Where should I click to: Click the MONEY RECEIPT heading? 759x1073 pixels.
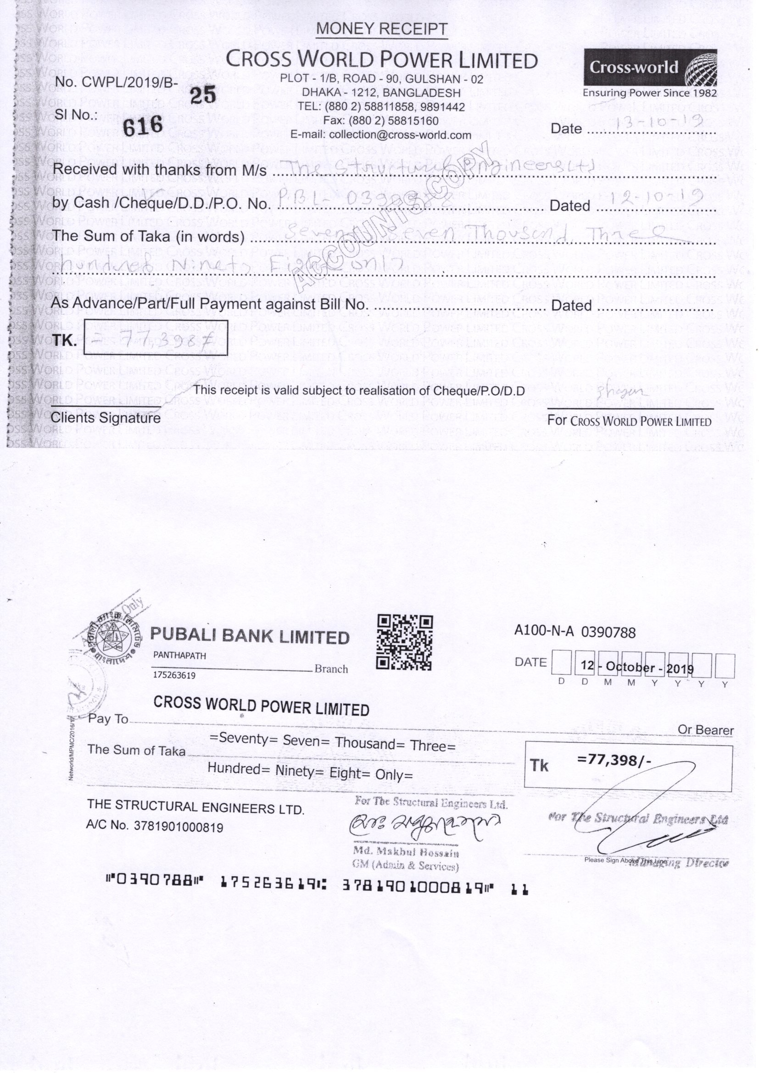click(381, 29)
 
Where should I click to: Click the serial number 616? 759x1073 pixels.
click(143, 126)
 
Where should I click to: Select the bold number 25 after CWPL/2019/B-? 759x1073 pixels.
click(203, 95)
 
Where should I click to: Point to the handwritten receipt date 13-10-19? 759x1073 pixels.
click(659, 123)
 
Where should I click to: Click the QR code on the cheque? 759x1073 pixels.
click(404, 643)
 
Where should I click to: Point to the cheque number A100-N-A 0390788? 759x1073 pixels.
click(575, 632)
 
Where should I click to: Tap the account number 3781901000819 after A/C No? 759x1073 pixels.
click(179, 827)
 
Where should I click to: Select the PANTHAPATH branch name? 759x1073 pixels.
click(179, 656)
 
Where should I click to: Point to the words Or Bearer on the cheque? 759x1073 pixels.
click(705, 730)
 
